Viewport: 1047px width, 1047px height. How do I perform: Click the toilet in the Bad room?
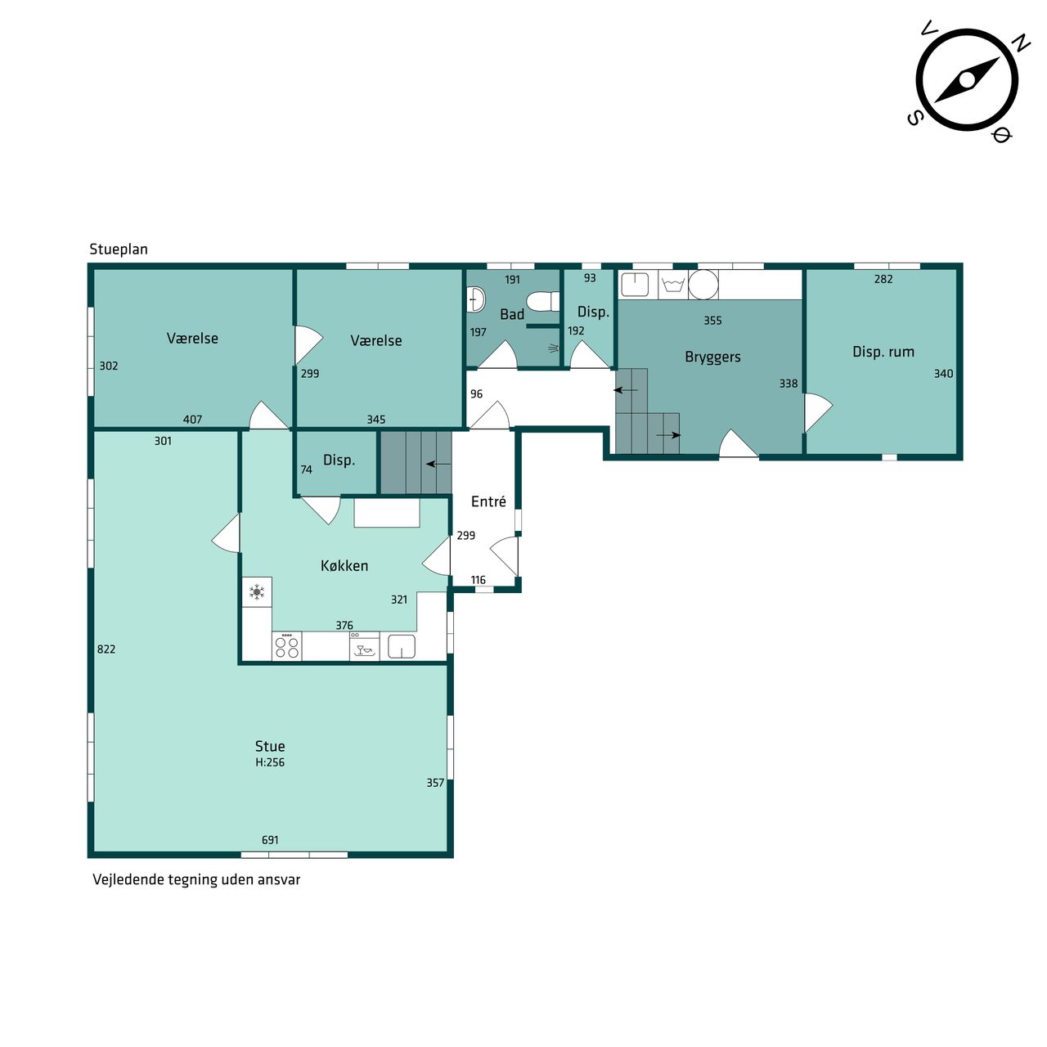click(543, 300)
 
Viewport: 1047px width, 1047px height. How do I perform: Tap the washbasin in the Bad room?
click(476, 299)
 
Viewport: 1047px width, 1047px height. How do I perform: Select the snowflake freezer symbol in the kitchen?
click(257, 591)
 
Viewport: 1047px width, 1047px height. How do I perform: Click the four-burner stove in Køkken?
click(287, 646)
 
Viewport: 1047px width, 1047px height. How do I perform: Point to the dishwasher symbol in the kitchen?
click(365, 646)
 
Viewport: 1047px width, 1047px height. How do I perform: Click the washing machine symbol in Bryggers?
click(673, 285)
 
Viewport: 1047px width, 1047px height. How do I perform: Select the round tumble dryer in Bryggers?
click(703, 284)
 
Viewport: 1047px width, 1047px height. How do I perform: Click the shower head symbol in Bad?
click(553, 348)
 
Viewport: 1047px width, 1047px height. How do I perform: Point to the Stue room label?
click(270, 746)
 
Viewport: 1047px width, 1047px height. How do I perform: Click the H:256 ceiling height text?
click(270, 762)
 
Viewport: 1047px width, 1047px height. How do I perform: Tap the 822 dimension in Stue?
click(106, 649)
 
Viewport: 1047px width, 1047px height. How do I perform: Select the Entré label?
click(488, 501)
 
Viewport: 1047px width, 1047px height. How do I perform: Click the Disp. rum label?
click(883, 352)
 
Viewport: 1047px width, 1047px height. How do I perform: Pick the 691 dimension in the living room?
click(270, 840)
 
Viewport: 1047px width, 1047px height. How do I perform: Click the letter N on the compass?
click(1022, 43)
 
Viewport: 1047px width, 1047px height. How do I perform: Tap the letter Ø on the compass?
click(1002, 134)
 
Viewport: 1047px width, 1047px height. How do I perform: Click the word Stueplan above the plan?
click(119, 249)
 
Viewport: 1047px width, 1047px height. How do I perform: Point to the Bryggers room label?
click(712, 357)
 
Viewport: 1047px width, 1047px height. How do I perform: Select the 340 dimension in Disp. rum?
click(943, 374)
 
